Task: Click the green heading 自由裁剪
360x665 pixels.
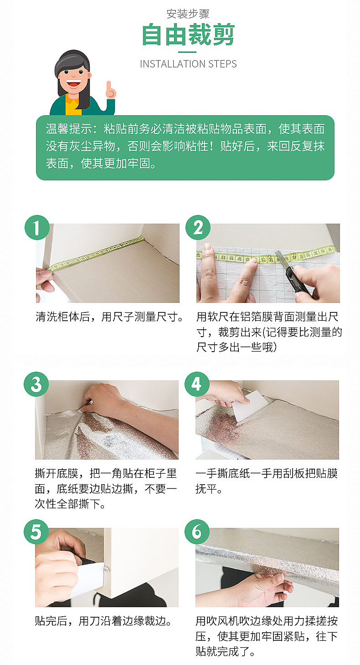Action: point(188,35)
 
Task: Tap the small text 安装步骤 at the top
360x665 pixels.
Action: point(188,14)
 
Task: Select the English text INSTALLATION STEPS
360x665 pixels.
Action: point(188,64)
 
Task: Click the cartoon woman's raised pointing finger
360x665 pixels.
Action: point(109,86)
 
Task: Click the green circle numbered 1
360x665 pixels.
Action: point(37,227)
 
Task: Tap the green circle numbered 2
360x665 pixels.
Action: point(198,227)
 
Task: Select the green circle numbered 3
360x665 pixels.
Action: point(36,384)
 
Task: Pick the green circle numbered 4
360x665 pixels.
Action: point(197,384)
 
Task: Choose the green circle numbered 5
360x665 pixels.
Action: point(36,532)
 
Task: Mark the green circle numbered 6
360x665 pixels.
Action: point(197,532)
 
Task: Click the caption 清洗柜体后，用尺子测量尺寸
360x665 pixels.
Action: point(109,317)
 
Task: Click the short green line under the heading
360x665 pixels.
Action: point(187,52)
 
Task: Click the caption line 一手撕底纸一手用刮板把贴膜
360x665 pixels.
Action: point(267,474)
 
